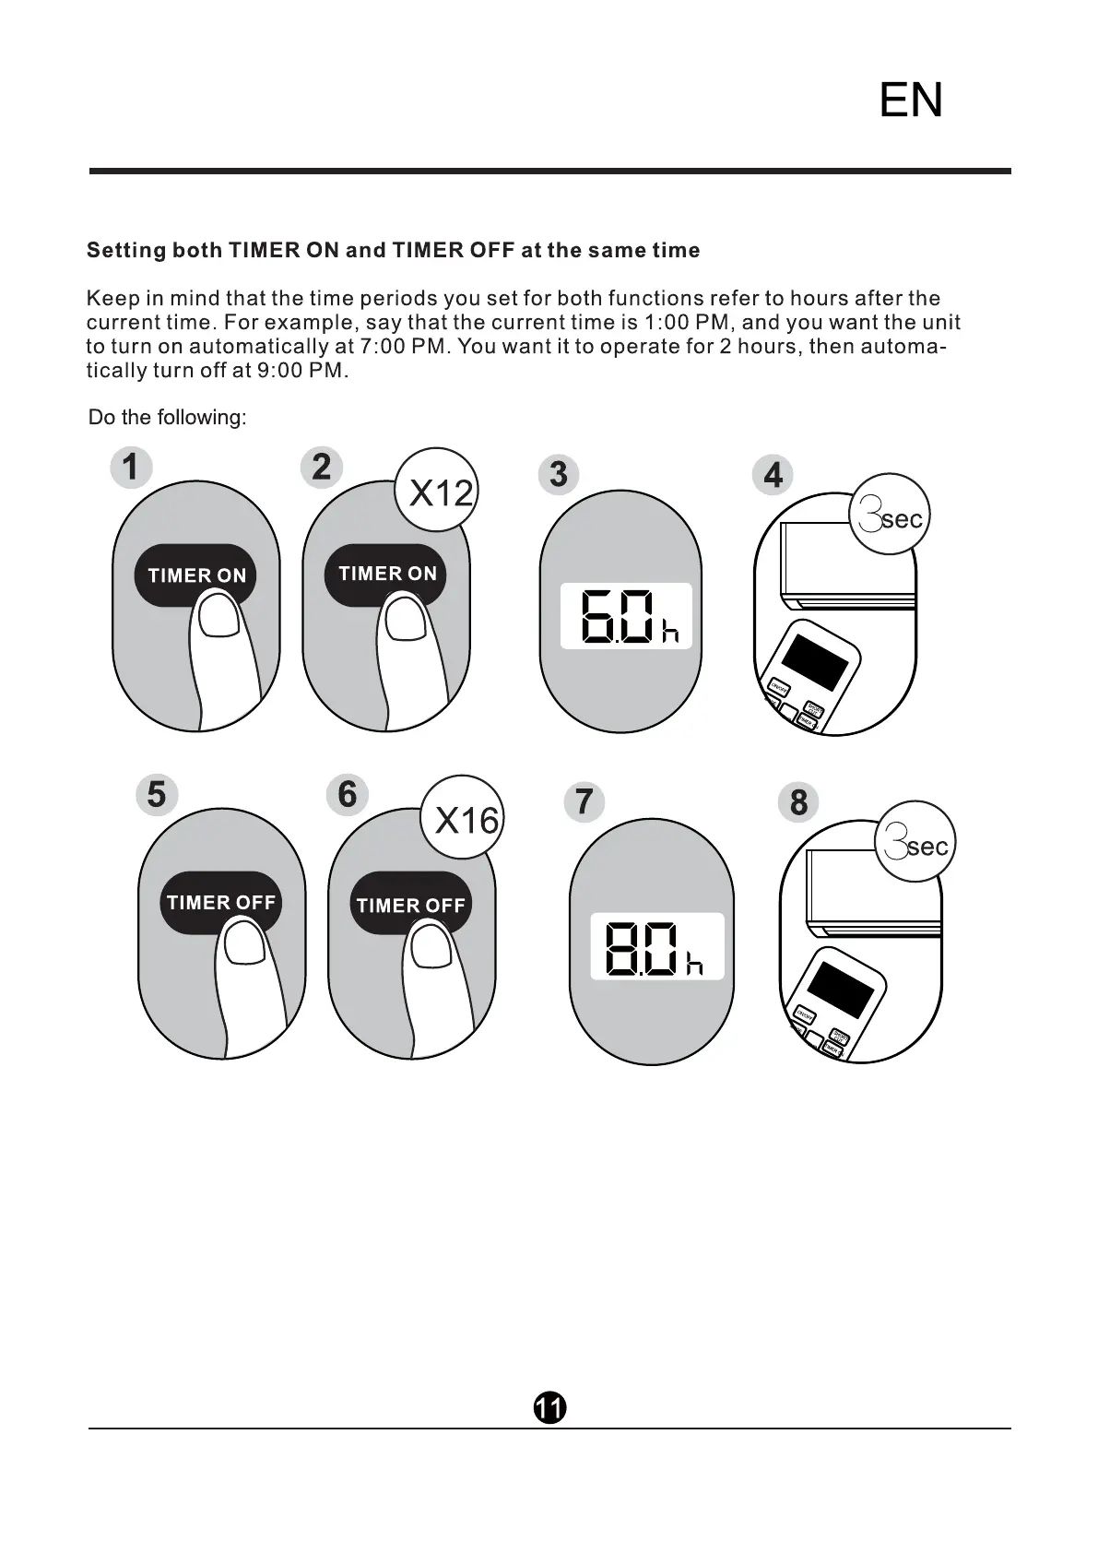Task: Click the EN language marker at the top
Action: coord(911,101)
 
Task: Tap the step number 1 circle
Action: coord(131,467)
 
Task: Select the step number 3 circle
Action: coord(558,474)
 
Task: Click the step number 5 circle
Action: coord(157,794)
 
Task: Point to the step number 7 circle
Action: coord(584,801)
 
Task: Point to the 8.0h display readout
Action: coord(656,947)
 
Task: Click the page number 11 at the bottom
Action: coord(549,1408)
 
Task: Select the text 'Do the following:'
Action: coord(167,418)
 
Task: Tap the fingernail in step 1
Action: coord(220,616)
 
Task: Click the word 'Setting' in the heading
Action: coord(126,251)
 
